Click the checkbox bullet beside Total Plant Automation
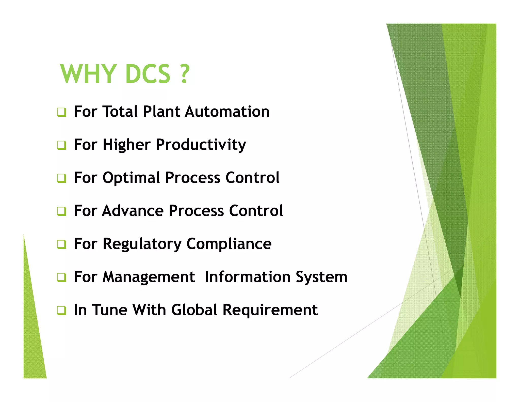[61, 112]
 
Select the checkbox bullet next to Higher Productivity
[61, 145]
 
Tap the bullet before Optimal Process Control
[61, 178]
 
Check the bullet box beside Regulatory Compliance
[61, 244]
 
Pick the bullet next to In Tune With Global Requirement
[61, 311]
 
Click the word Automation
[227, 112]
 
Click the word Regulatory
[142, 244]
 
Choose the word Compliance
[229, 244]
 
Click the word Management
[149, 277]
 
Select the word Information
[248, 277]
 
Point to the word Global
[194, 310]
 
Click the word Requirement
[270, 310]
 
